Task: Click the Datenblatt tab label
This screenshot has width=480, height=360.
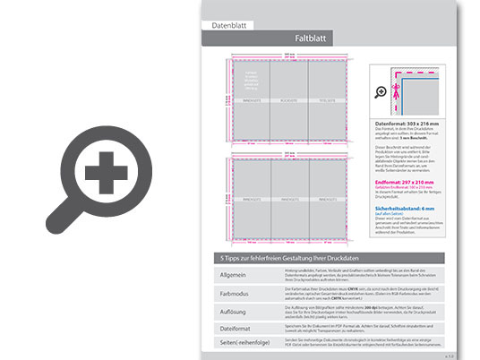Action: pos(227,26)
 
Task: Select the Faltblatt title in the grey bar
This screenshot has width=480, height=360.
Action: pos(315,39)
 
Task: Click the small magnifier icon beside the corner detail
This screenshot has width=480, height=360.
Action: pos(382,90)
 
